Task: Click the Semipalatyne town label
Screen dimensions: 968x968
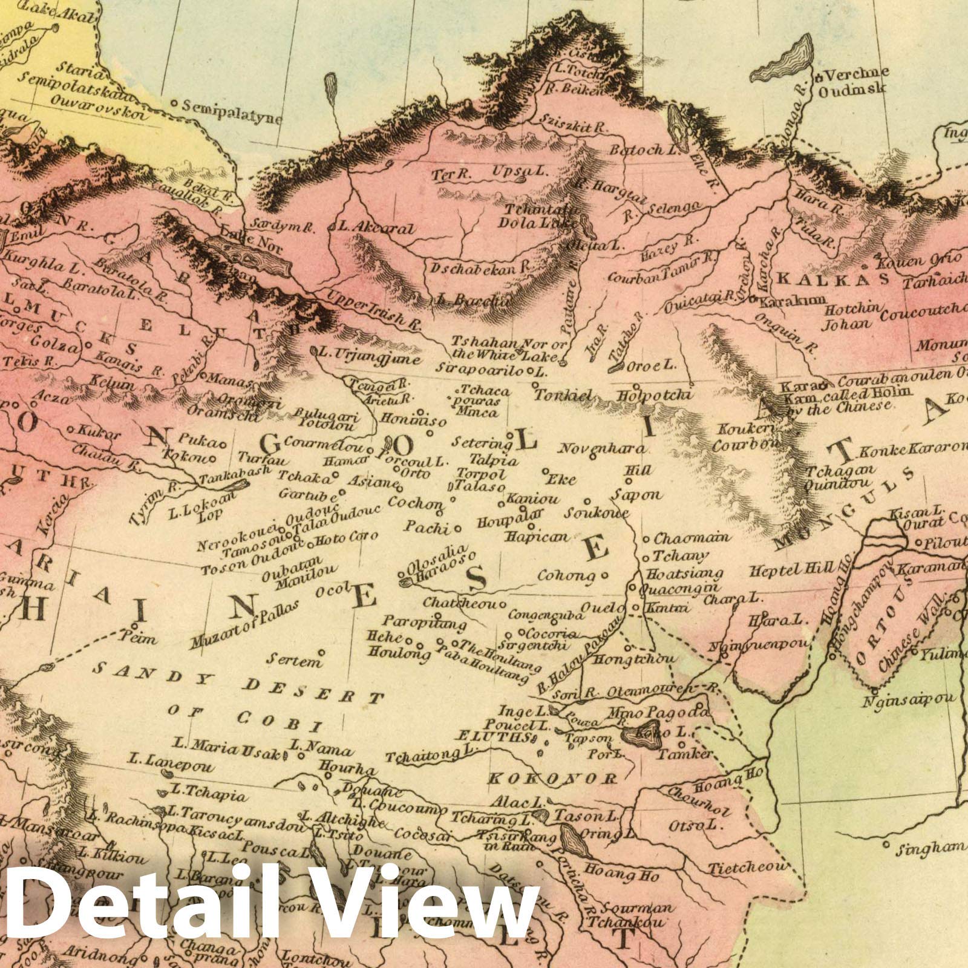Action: [x=233, y=112]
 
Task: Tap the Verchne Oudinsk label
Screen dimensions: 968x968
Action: [x=853, y=82]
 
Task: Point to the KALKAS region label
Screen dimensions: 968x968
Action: [x=832, y=278]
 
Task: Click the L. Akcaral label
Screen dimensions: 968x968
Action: [x=376, y=229]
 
